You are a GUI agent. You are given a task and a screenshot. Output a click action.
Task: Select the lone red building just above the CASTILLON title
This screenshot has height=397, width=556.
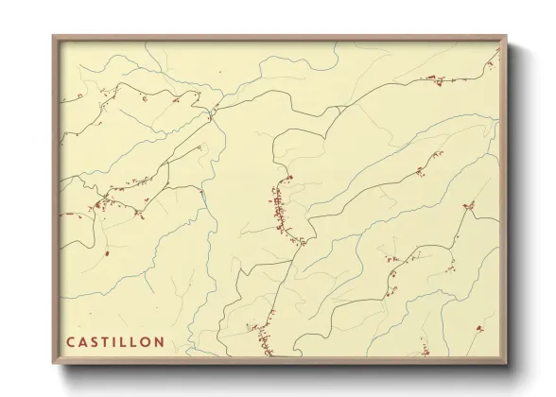(107, 252)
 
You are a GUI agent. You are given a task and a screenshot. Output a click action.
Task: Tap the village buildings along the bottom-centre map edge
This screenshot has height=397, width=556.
(260, 337)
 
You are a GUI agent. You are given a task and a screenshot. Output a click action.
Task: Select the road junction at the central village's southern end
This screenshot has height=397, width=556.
(303, 243)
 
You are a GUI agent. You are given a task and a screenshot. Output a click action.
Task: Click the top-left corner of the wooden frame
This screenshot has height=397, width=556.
(54, 38)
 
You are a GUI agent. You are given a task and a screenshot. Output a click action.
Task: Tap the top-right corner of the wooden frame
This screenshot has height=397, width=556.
(506, 38)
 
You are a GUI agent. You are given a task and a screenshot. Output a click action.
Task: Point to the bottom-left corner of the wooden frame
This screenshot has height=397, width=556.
(54, 364)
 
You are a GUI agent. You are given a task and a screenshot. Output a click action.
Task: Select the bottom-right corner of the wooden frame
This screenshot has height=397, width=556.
(506, 364)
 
